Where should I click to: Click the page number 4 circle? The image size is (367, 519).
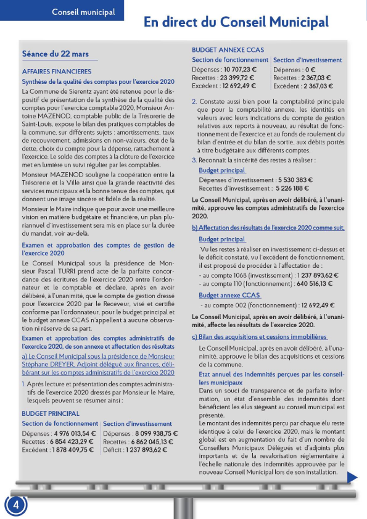pyautogui.click(x=16, y=504)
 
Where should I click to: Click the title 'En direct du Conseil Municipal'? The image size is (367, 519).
pyautogui.click(x=236, y=23)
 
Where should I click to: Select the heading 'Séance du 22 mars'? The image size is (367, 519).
pyautogui.click(x=56, y=54)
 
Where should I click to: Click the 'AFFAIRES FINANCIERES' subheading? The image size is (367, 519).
pyautogui.click(x=57, y=72)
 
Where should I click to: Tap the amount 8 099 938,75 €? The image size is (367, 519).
pyautogui.click(x=153, y=433)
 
